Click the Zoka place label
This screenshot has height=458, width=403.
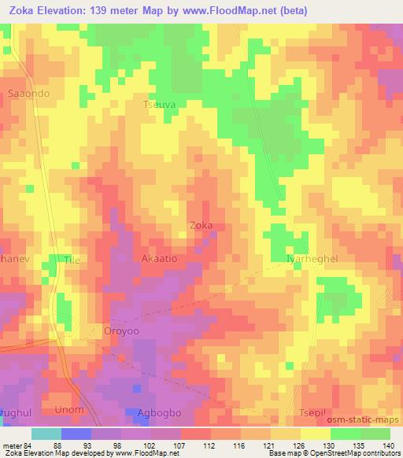[x=201, y=226]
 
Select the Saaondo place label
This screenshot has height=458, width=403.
[x=28, y=93]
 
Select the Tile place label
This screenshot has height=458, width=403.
[x=72, y=258]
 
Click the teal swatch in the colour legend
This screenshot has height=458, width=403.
[x=46, y=434]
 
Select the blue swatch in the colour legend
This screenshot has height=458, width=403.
[x=76, y=434]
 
